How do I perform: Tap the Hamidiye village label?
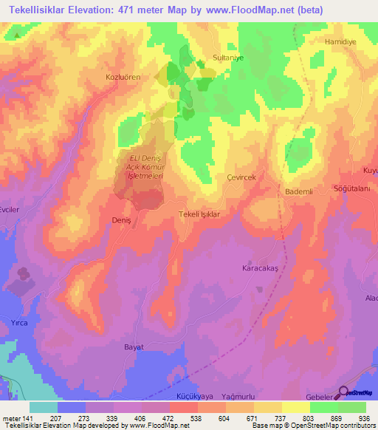tap(340, 42)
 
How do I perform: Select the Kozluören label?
tap(123, 76)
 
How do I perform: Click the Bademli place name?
tap(300, 191)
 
